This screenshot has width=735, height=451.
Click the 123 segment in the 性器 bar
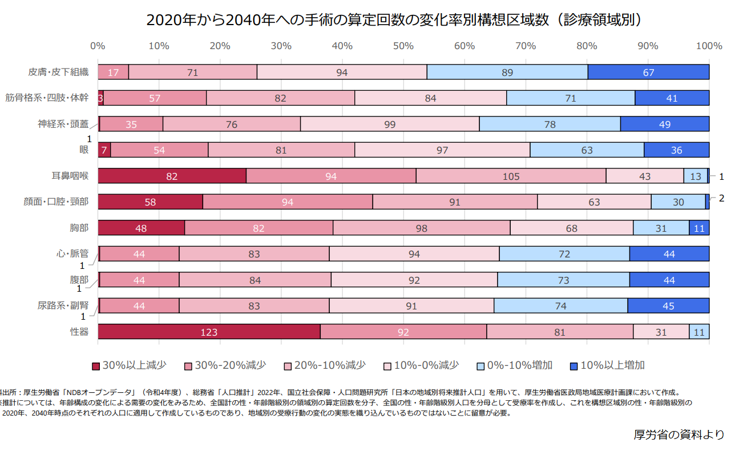pos(209,332)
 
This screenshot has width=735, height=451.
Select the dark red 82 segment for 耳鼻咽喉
pos(172,176)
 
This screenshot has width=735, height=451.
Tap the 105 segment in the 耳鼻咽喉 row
pos(511,176)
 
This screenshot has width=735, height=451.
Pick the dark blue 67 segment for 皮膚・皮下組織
pos(648,72)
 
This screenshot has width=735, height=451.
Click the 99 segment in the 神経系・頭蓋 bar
pos(390,124)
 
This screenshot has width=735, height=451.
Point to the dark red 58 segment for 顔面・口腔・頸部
pos(150,202)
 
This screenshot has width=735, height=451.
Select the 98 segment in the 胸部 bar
pos(421,228)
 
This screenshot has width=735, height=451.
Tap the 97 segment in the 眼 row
pos(442,150)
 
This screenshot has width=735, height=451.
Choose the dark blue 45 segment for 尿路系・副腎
pos(668,306)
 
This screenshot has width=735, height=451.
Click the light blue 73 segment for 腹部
pos(563,280)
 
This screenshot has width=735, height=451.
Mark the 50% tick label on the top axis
pos(403,46)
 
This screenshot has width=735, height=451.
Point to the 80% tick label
pos(587,46)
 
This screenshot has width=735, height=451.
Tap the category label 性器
pos(79,332)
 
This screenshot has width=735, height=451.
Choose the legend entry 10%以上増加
pos(608,365)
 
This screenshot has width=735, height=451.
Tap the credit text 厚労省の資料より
pos(679,434)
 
